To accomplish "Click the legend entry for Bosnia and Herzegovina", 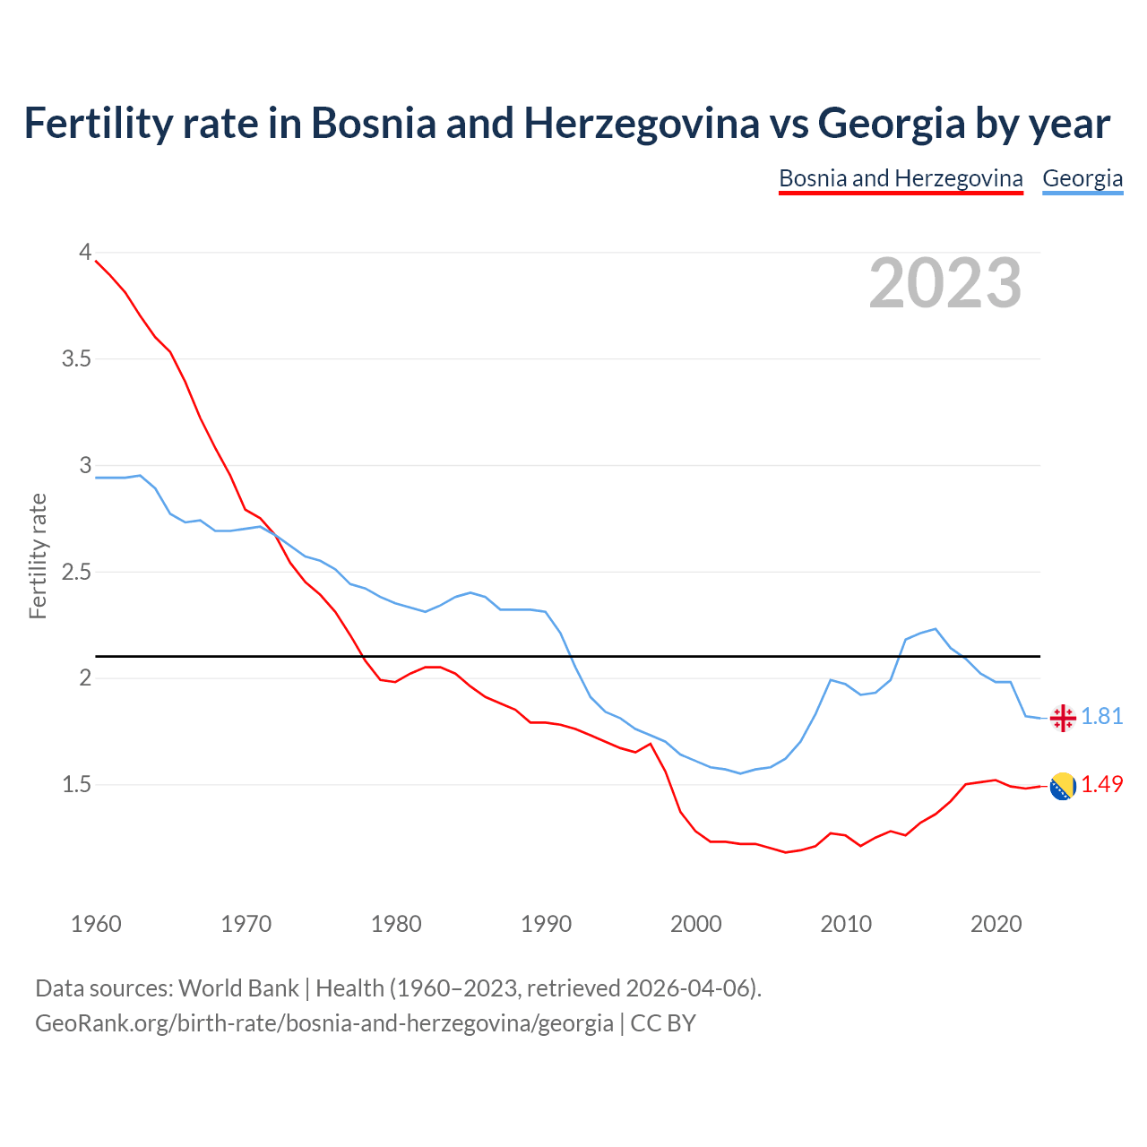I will (901, 178).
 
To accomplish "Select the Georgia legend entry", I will (1082, 178).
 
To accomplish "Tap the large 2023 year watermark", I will (945, 283).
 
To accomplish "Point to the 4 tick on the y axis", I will (86, 253).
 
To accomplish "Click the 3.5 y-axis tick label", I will (77, 359).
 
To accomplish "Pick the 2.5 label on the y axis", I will (77, 572).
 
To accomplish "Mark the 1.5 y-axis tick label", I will (77, 785).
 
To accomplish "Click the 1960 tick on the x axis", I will (96, 924).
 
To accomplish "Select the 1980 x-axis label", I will (396, 924).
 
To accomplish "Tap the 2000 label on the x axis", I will (696, 924).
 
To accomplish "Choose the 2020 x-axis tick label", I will (996, 924).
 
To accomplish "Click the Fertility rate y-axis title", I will (38, 556).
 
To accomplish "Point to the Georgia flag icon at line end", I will (1063, 718).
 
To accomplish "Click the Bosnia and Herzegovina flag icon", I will (1063, 786).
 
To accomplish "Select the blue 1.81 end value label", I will (1102, 717).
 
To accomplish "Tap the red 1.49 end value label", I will (1102, 784).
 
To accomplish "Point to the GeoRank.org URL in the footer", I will (324, 1023).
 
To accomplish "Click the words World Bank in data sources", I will (238, 988).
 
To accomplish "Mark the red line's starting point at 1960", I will (96, 261).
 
